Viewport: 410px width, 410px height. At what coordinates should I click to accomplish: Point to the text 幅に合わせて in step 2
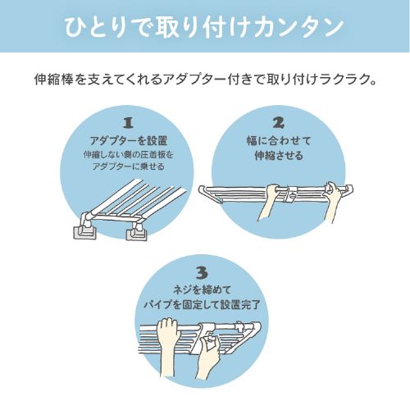(279, 140)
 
